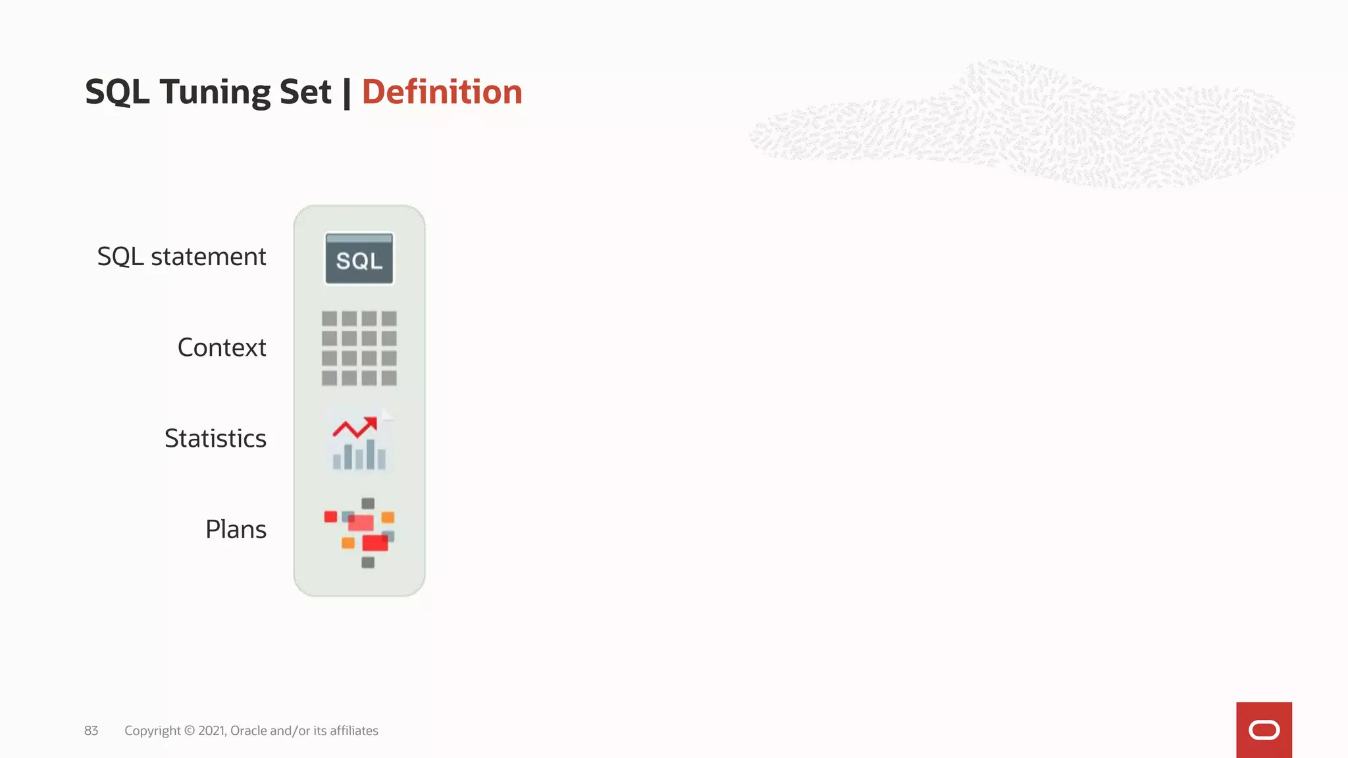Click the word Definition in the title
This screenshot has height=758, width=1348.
coord(442,91)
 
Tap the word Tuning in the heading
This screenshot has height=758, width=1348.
coord(215,92)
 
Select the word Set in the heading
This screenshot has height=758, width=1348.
coord(305,91)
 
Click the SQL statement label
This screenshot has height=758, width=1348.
coord(182,257)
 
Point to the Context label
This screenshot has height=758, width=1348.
coord(222,347)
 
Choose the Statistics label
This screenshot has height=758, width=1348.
coord(215,438)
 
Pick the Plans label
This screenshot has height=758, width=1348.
coord(236,529)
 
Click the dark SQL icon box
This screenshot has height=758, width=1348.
coord(359,259)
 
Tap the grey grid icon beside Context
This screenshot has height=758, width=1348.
coord(359,348)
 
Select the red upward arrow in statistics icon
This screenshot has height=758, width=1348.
coord(355,428)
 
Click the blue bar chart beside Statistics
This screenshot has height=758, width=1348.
coord(359,455)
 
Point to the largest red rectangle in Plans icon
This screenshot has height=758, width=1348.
coord(375,543)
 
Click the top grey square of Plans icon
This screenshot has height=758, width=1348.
coord(368,503)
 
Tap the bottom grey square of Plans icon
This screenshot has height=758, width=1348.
coord(368,563)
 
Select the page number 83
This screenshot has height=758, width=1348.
coord(91,731)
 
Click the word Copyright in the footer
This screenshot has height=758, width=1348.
coord(152,731)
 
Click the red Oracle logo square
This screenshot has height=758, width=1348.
coord(1264,730)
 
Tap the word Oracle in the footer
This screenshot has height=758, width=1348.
coord(248,731)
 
